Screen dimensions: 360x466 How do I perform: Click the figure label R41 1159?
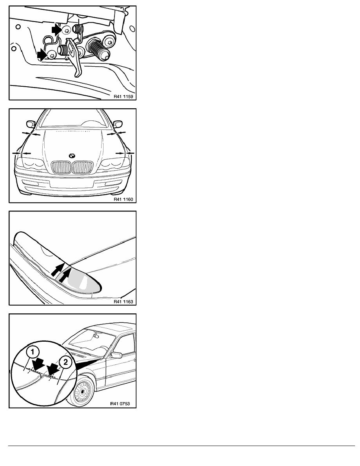[123, 96]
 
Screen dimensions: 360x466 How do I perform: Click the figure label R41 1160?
[123, 199]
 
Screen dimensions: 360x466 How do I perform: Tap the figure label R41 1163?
[123, 302]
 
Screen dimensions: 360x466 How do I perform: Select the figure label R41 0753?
[120, 404]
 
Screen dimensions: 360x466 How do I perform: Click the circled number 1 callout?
[33, 353]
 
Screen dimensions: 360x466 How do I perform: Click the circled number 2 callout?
[65, 362]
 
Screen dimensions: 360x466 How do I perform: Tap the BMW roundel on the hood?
[72, 155]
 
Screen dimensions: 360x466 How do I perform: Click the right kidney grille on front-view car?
[83, 167]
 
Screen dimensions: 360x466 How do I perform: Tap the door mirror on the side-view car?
[116, 355]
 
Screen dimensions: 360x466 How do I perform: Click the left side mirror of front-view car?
[31, 124]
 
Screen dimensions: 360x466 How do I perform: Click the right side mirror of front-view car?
[118, 124]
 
